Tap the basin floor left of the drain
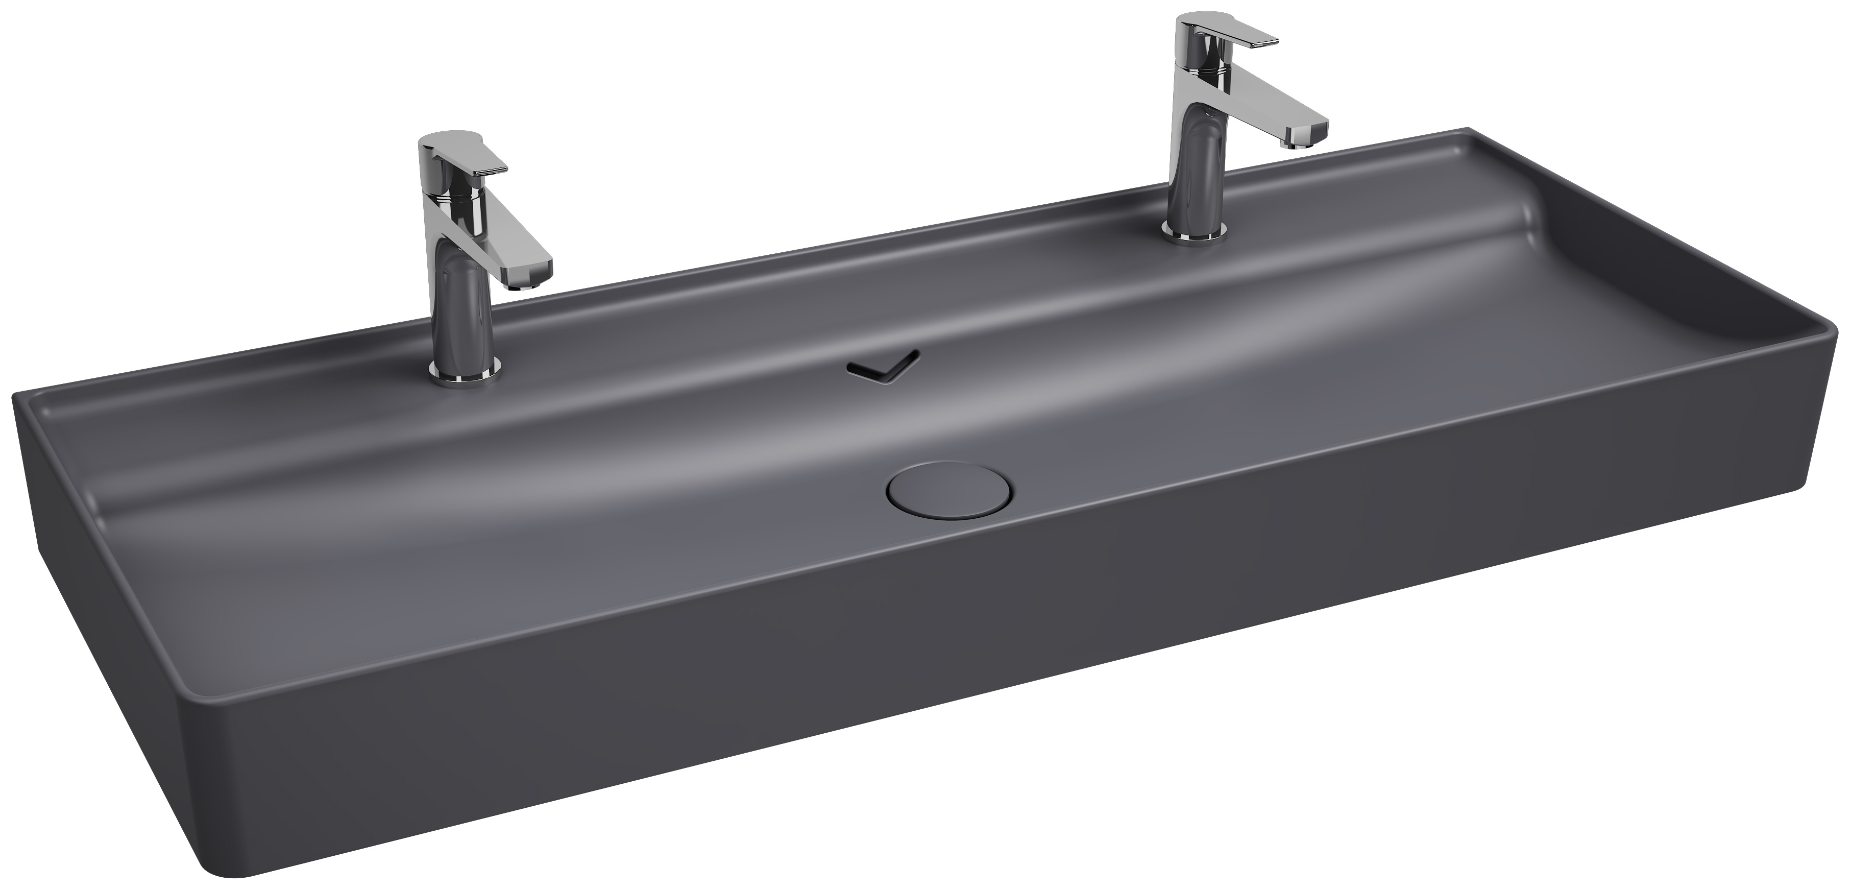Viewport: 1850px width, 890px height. pos(574,546)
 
